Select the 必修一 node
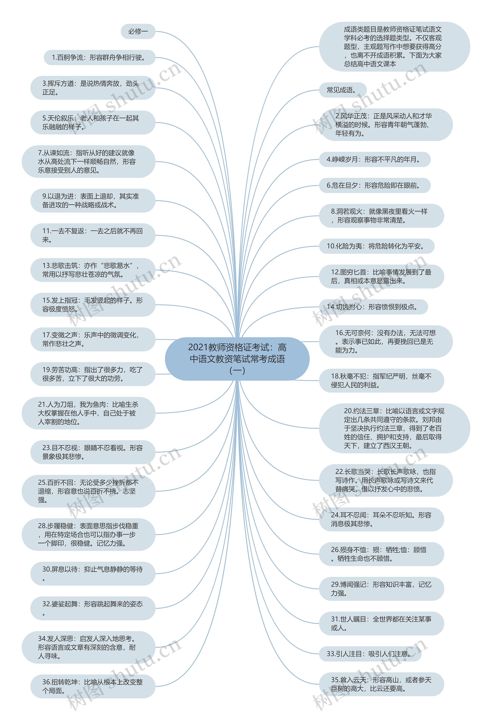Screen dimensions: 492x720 pyautogui.click(x=138, y=31)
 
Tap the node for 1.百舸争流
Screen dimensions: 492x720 pyautogui.click(x=99, y=57)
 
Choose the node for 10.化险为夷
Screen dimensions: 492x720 pyautogui.click(x=376, y=246)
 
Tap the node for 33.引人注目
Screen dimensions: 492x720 pyautogui.click(x=370, y=654)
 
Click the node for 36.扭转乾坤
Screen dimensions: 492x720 pyautogui.click(x=93, y=686)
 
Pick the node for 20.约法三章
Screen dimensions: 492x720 pyautogui.click(x=394, y=428)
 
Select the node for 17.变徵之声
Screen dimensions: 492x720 pyautogui.click(x=93, y=339)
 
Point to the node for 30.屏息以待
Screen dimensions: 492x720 pyautogui.click(x=93, y=573)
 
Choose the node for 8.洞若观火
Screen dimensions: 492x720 pyautogui.click(x=381, y=216)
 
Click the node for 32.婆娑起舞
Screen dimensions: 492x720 pyautogui.click(x=93, y=608)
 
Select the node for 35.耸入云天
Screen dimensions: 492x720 pyautogui.click(x=381, y=684)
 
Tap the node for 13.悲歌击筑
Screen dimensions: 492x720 pyautogui.click(x=93, y=270)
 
